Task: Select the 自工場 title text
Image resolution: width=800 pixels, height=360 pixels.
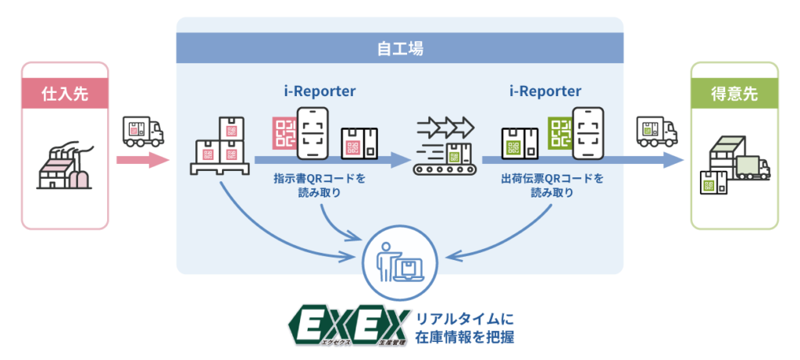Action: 399,50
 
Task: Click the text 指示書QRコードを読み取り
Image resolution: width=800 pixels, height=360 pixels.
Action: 319,184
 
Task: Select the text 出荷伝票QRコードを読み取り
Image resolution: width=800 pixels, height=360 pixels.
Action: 552,184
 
